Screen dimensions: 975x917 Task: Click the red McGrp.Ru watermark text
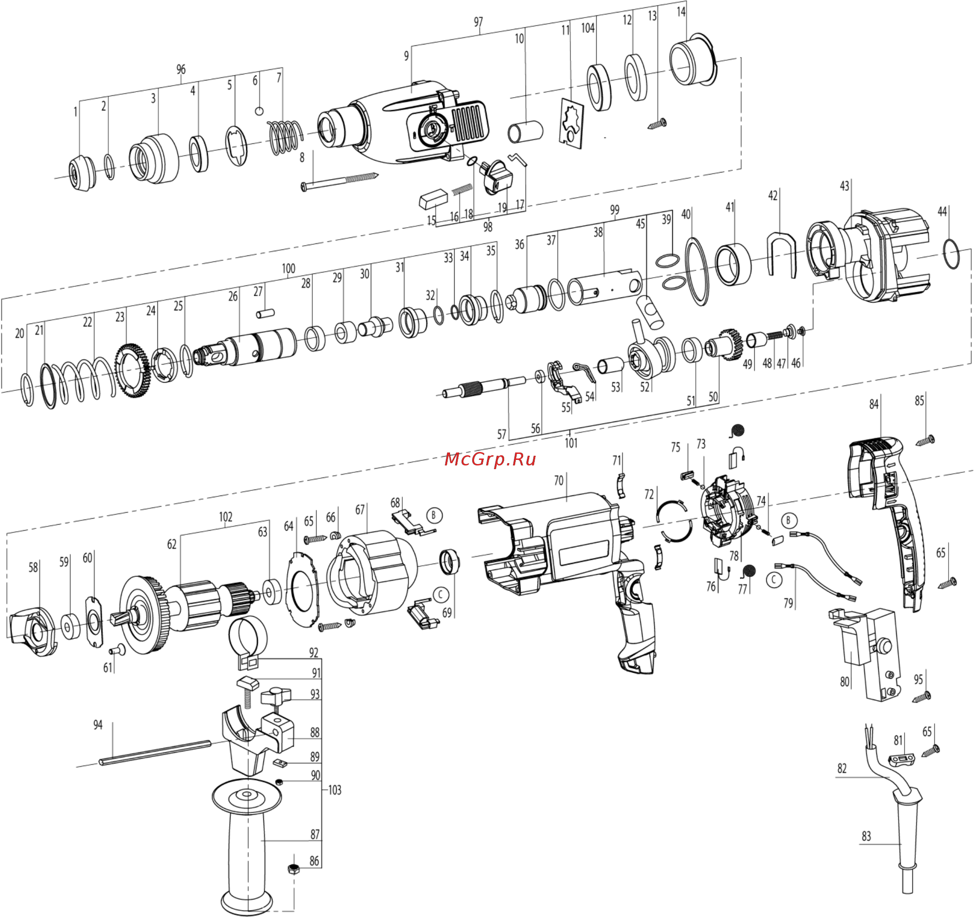pyautogui.click(x=490, y=459)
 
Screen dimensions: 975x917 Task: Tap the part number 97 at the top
pyautogui.click(x=478, y=22)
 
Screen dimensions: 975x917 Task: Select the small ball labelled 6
pyautogui.click(x=259, y=111)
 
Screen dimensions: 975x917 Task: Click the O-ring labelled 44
pyautogui.click(x=951, y=254)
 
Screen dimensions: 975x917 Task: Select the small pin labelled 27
pyautogui.click(x=265, y=313)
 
